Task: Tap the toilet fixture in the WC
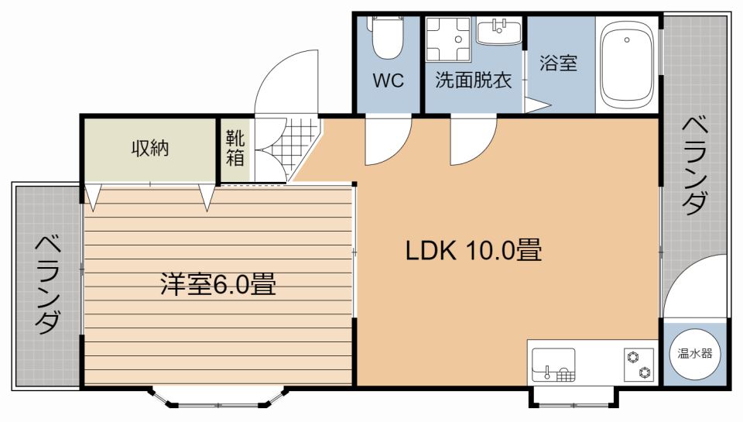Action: pyautogui.click(x=385, y=38)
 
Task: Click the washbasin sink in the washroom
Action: pyautogui.click(x=498, y=33)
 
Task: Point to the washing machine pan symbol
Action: pyautogui.click(x=448, y=39)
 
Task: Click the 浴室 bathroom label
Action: pyautogui.click(x=558, y=63)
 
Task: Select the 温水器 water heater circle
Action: pyautogui.click(x=695, y=353)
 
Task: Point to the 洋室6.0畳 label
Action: pyautogui.click(x=218, y=284)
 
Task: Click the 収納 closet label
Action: pyautogui.click(x=149, y=149)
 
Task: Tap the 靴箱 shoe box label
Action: pyautogui.click(x=235, y=149)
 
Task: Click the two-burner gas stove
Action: pyautogui.click(x=639, y=364)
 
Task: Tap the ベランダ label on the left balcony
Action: pyautogui.click(x=46, y=283)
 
